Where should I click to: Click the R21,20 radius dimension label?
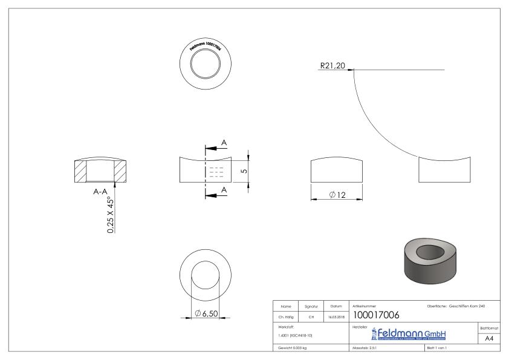[x=332, y=66]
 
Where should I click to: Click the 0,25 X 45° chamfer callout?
[x=111, y=215]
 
